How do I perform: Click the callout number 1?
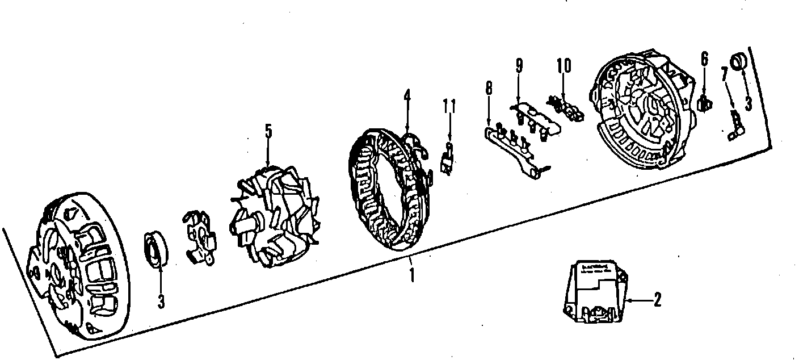(x=413, y=275)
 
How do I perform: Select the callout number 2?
(x=657, y=299)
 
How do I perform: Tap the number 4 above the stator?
(x=407, y=95)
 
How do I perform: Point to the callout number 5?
(x=268, y=131)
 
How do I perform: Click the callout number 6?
(x=704, y=58)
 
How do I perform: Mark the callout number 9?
(x=519, y=65)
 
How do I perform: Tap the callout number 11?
(x=449, y=106)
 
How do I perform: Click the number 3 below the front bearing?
(x=161, y=302)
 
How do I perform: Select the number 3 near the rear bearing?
(x=748, y=103)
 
